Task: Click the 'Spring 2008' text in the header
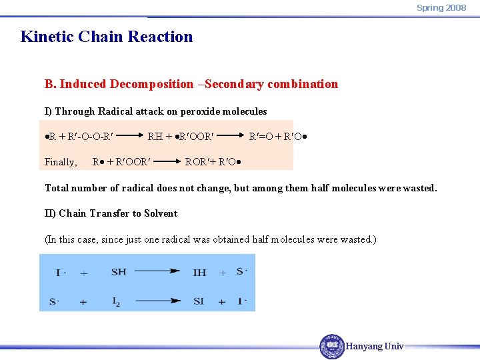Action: [441, 8]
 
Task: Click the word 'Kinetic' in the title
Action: [45, 37]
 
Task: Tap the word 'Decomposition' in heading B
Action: [151, 84]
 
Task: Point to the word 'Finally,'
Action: [61, 161]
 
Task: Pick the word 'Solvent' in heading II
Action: [161, 213]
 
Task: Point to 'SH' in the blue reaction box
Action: [119, 272]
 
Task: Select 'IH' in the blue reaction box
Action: [199, 272]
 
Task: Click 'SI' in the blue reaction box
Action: [199, 301]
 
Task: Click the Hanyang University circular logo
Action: [332, 347]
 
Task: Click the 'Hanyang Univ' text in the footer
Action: [375, 347]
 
